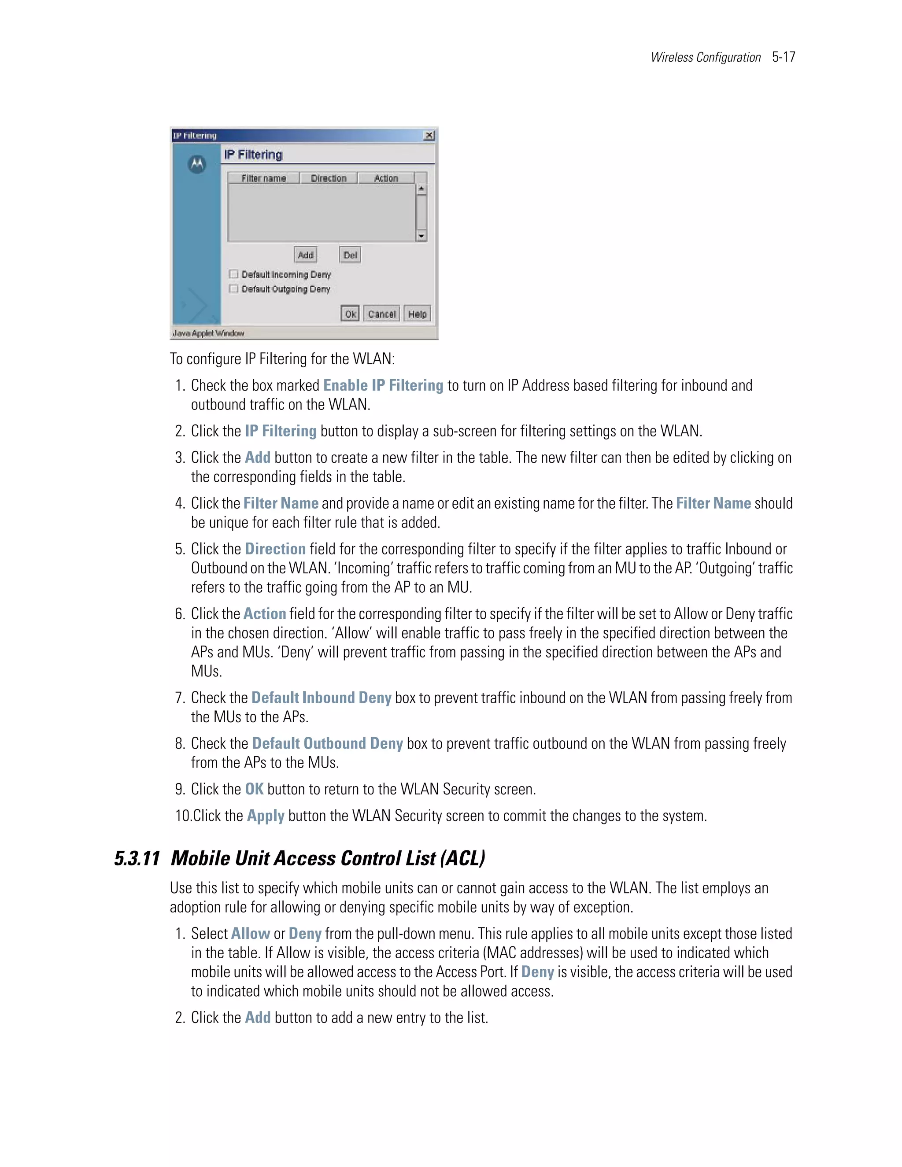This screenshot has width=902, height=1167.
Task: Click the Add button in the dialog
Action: pyautogui.click(x=306, y=255)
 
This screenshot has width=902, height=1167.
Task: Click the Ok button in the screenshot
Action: pyautogui.click(x=350, y=314)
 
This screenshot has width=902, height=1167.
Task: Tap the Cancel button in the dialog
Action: pyautogui.click(x=381, y=314)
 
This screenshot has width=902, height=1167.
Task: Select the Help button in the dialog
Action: pyautogui.click(x=418, y=314)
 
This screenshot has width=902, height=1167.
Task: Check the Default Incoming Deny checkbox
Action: pyautogui.click(x=234, y=274)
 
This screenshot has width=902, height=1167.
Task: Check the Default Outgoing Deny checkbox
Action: pyautogui.click(x=234, y=288)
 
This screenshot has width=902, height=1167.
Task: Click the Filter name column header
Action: pyautogui.click(x=263, y=178)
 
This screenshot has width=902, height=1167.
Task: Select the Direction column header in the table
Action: pyautogui.click(x=329, y=178)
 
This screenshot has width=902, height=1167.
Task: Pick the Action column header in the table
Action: pyautogui.click(x=386, y=178)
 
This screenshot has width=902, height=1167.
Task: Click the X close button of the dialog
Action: pyautogui.click(x=429, y=136)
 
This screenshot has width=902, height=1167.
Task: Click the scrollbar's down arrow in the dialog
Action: pyautogui.click(x=421, y=236)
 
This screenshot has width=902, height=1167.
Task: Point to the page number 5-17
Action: pyautogui.click(x=784, y=57)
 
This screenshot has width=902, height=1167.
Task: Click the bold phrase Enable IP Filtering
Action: pyautogui.click(x=383, y=386)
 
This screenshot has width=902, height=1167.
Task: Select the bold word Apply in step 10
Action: pyautogui.click(x=266, y=816)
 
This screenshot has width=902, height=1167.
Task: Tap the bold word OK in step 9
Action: pyautogui.click(x=255, y=789)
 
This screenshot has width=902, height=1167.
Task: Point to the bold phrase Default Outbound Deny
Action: pyautogui.click(x=327, y=744)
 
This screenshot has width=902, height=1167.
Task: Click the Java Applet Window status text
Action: pyautogui.click(x=208, y=333)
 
